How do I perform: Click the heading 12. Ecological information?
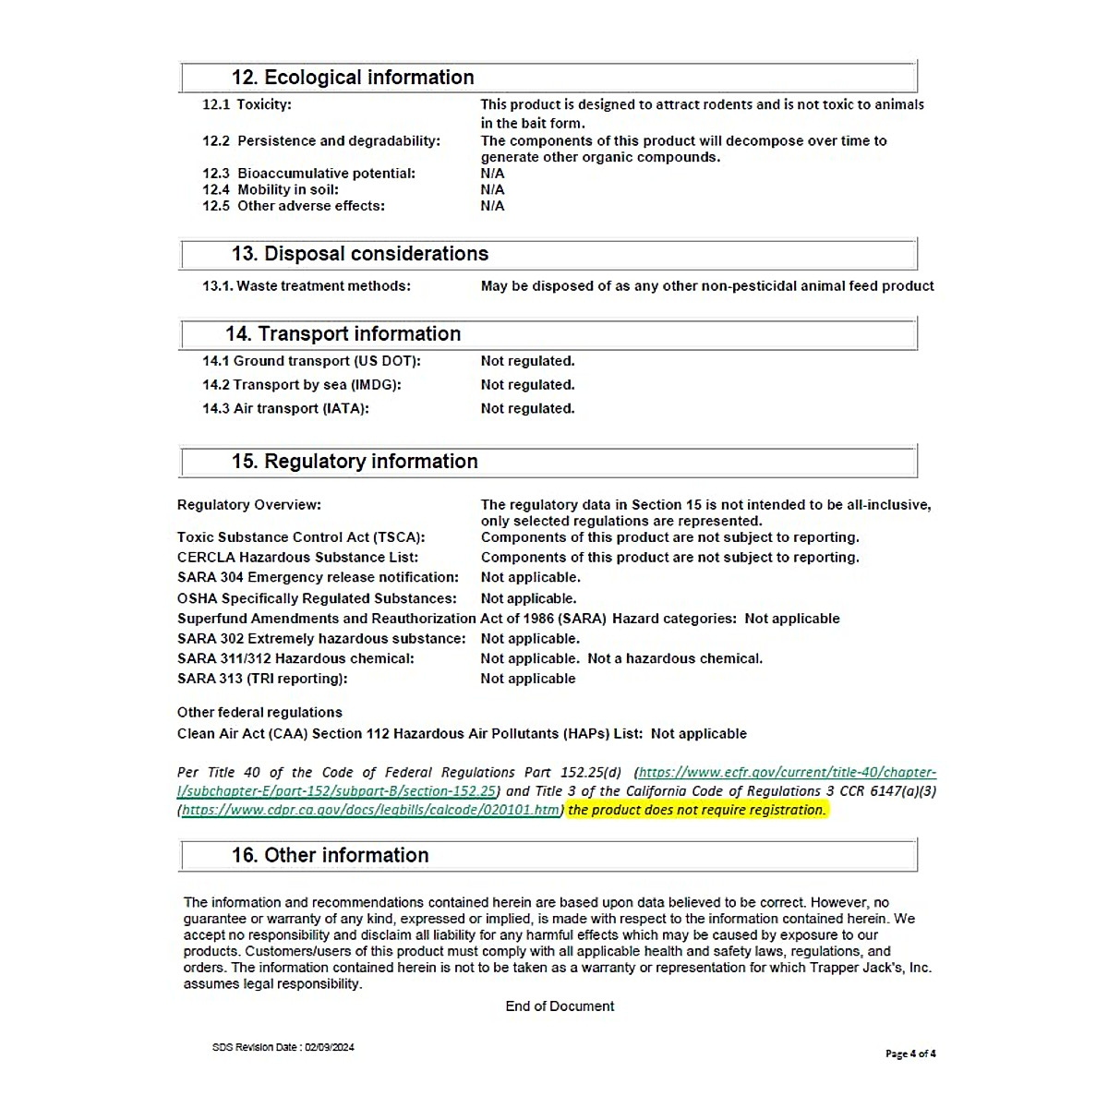(x=353, y=78)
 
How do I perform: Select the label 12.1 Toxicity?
(x=247, y=104)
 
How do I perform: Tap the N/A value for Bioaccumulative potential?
(x=492, y=174)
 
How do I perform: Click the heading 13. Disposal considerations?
(x=359, y=254)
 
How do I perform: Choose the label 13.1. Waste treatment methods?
(x=307, y=286)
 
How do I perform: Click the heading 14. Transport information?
(x=343, y=334)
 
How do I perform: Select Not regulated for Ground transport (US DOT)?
(x=527, y=361)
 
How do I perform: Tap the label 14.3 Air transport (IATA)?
(x=285, y=409)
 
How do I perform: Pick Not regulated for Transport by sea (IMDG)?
(x=527, y=385)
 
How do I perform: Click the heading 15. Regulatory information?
(x=355, y=462)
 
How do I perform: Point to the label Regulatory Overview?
(x=249, y=505)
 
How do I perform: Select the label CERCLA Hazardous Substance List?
(x=297, y=558)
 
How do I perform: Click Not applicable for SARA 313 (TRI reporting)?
(x=527, y=679)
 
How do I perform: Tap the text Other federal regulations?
(x=259, y=713)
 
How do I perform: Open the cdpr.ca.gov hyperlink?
(x=370, y=811)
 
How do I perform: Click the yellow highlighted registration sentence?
(x=697, y=811)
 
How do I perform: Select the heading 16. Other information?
(x=330, y=856)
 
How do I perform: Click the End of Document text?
(x=560, y=1006)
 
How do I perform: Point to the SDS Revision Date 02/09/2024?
(x=283, y=1048)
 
